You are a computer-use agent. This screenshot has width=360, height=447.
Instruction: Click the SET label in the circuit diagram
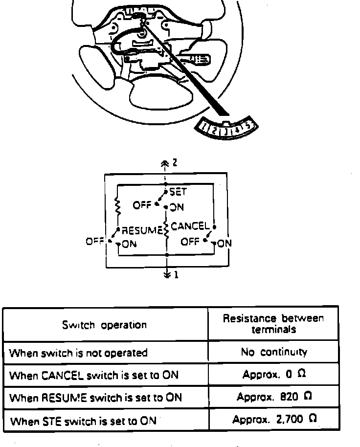178,192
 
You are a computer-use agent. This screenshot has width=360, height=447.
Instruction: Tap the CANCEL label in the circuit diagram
190,226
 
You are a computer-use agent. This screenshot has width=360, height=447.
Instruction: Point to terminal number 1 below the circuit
176,275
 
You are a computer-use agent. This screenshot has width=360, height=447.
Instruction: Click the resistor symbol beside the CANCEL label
167,229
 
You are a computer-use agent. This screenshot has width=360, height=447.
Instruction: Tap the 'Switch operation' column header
104,325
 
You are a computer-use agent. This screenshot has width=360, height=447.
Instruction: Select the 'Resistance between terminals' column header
273,324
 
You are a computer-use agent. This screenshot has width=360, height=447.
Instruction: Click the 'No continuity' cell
274,352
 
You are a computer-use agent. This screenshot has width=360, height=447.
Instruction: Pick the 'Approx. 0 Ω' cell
274,375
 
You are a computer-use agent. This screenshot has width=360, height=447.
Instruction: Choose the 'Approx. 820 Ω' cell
274,397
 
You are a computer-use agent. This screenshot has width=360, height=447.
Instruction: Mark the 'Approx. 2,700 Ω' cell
274,420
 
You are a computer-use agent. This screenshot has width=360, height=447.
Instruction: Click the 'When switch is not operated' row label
79,353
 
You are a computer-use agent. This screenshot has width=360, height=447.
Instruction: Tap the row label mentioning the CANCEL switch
94,376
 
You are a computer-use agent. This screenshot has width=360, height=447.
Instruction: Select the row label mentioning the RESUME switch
96,398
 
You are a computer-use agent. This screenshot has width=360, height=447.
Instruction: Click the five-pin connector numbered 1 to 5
226,129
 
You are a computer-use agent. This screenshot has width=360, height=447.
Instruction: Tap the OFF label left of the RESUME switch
94,241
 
